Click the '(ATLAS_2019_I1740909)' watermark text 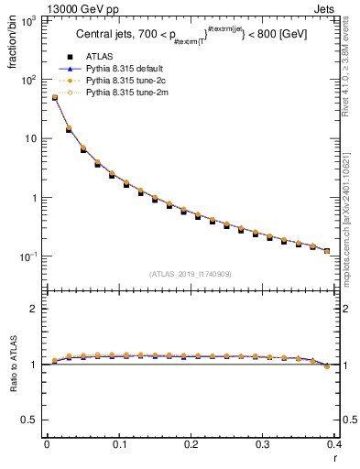(x=191, y=274)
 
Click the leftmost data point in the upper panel (x=54, y=97)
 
